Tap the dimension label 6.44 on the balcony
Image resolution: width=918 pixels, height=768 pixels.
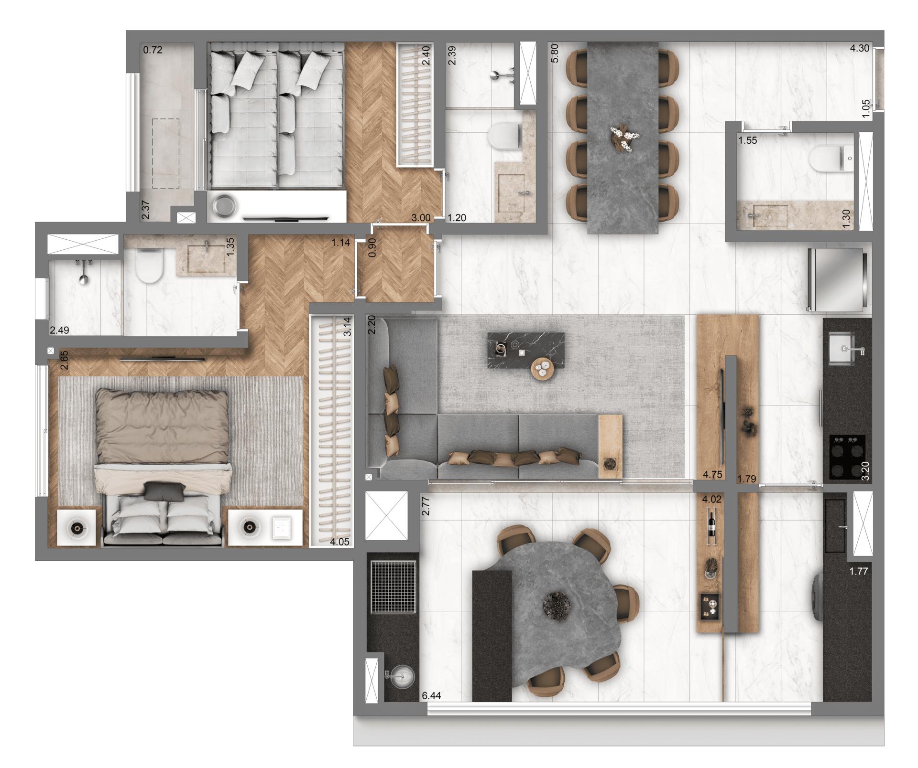click(431, 696)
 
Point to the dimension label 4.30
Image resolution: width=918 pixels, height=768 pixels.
click(859, 48)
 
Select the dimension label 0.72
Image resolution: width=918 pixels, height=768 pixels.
click(153, 50)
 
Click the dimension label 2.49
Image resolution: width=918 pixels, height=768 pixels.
click(60, 330)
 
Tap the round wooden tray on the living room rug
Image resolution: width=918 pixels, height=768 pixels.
click(542, 368)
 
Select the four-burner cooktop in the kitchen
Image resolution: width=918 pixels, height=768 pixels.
click(847, 457)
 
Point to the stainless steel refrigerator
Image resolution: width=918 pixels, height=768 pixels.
click(837, 279)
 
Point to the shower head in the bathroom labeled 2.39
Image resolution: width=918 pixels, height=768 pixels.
click(497, 75)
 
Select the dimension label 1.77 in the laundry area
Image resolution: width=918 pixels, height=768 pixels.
click(858, 571)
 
